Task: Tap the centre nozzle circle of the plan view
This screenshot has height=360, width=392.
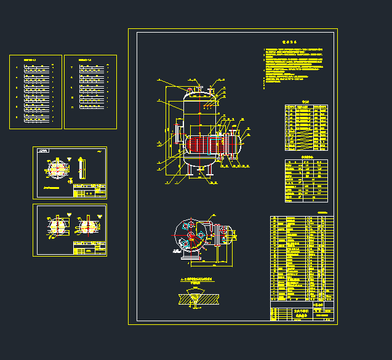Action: (x=192, y=236)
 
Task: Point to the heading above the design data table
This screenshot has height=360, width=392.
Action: (x=306, y=157)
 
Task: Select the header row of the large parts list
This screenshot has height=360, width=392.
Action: (x=302, y=218)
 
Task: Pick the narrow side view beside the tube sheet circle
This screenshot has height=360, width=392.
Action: (x=84, y=167)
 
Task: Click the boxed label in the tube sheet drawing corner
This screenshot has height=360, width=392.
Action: (x=42, y=150)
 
